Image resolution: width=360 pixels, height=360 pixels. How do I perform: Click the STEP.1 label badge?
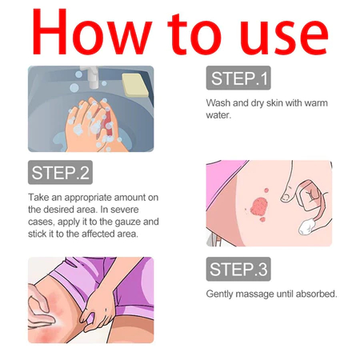238,78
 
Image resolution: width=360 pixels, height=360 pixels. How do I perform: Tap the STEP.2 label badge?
60,172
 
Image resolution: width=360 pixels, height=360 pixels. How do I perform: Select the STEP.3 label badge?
238,269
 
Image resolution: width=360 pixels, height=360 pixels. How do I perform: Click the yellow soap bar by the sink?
135,85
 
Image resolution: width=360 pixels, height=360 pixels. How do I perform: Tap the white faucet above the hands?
91,77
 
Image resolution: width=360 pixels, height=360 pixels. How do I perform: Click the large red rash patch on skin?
258,206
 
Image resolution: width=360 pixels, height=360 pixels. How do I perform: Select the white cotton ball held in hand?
306,226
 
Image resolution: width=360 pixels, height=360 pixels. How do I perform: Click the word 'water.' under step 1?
218,115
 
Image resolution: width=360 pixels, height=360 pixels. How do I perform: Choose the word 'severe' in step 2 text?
125,210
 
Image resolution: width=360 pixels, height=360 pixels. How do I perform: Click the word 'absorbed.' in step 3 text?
317,294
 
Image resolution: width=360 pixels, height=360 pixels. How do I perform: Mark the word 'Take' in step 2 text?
38,198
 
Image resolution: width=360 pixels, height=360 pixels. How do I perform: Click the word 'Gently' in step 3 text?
219,294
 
